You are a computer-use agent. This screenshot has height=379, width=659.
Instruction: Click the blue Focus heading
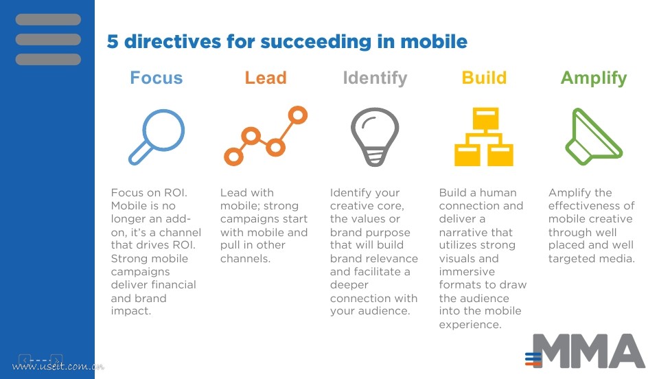click(x=157, y=78)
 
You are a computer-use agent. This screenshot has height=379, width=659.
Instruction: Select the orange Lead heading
click(x=266, y=78)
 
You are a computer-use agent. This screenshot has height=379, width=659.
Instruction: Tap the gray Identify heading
click(x=375, y=78)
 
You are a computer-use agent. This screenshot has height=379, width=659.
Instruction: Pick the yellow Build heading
click(x=484, y=78)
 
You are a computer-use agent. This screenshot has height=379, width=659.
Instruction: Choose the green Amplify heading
click(x=593, y=78)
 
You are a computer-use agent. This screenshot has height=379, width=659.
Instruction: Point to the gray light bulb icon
click(x=375, y=137)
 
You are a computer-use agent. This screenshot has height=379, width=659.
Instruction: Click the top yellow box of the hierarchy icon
click(x=485, y=119)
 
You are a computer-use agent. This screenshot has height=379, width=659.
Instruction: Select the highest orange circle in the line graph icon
click(x=297, y=115)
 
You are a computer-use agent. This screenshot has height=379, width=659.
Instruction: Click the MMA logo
click(x=585, y=351)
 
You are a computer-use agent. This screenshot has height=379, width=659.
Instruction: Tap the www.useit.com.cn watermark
click(x=58, y=366)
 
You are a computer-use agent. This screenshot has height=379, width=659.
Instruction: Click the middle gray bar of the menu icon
click(x=48, y=40)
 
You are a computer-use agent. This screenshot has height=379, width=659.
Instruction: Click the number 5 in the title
click(x=112, y=42)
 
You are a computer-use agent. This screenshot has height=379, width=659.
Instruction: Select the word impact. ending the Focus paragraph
click(x=130, y=311)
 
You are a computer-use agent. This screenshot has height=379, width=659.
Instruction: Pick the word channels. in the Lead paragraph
click(x=245, y=258)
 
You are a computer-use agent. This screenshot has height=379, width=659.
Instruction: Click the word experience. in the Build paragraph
click(x=470, y=325)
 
